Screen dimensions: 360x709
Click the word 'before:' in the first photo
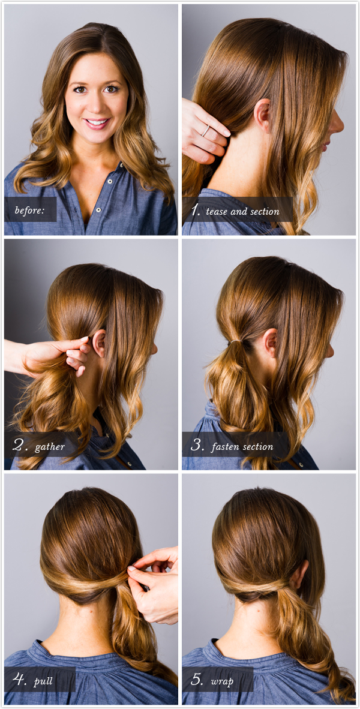pos(29,211)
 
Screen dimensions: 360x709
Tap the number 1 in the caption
pos(196,210)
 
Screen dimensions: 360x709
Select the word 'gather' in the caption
pos(50,447)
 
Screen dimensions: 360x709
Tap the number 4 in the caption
pos(19,680)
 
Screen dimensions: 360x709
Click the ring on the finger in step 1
pos(206,130)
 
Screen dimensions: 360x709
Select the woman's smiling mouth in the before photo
pos(97,123)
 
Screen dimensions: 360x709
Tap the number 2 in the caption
pos(19,446)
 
